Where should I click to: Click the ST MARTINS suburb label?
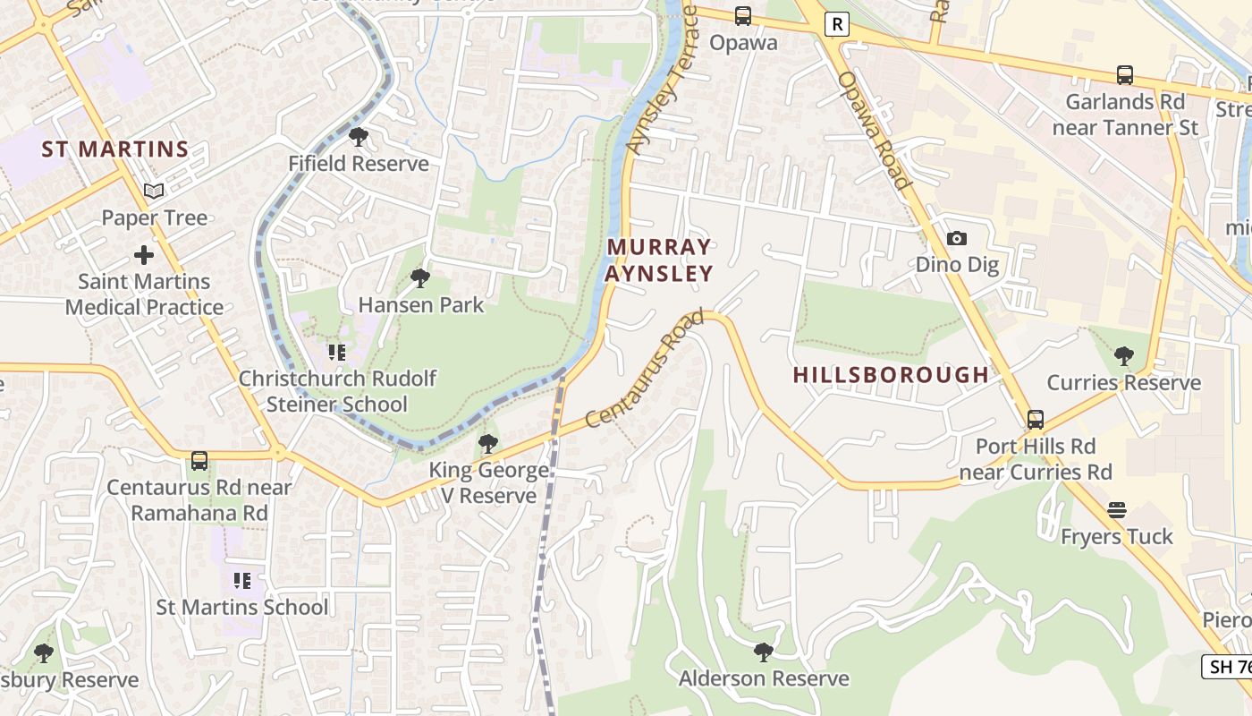point(115,149)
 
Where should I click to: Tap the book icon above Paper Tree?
point(154,191)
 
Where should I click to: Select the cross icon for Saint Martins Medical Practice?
point(143,256)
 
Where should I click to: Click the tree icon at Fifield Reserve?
point(359,137)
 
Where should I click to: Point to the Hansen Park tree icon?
point(419,278)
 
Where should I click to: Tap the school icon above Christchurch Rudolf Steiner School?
point(336,353)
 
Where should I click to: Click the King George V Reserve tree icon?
point(487,443)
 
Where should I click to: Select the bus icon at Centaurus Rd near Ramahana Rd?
point(199,461)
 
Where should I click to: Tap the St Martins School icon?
point(241,581)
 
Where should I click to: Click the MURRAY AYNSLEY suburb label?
point(659,260)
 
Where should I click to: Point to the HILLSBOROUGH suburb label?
point(891,375)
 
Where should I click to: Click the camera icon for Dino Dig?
point(956,238)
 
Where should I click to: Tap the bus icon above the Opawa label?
point(742,16)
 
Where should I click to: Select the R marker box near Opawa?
point(836,24)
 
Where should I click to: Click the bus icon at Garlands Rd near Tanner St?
point(1124,76)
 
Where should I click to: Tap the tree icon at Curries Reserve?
point(1123,356)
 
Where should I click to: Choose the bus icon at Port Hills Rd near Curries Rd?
point(1035,419)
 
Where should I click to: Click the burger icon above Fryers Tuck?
point(1116,510)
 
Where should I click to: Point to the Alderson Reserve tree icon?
point(763,652)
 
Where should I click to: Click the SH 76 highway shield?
point(1227,667)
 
